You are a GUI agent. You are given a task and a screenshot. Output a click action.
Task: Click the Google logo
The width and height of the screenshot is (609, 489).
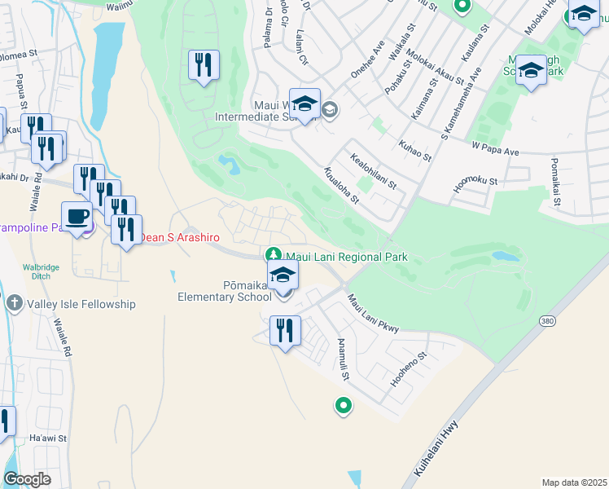[x=27, y=479]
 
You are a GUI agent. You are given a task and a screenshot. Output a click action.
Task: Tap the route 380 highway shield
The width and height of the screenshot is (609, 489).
[x=546, y=323]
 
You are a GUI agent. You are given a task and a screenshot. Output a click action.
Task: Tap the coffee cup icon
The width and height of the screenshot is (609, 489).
[x=77, y=217]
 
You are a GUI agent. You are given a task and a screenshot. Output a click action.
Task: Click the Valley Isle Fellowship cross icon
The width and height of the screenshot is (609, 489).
[x=14, y=304]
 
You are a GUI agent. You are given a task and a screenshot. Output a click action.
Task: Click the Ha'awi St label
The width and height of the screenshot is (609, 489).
[x=42, y=439]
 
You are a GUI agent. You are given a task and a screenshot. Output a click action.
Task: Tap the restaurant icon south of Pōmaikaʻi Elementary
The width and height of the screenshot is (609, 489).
[x=285, y=330]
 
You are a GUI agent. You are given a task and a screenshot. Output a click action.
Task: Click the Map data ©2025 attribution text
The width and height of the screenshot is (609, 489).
[x=574, y=482]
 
